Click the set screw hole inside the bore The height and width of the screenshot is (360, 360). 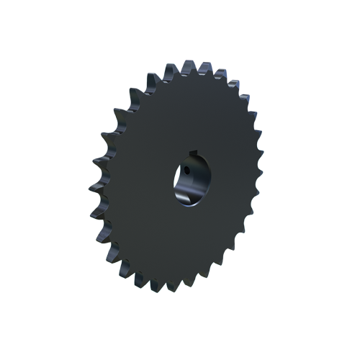[x=185, y=171]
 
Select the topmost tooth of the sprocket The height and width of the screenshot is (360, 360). [x=189, y=67]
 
